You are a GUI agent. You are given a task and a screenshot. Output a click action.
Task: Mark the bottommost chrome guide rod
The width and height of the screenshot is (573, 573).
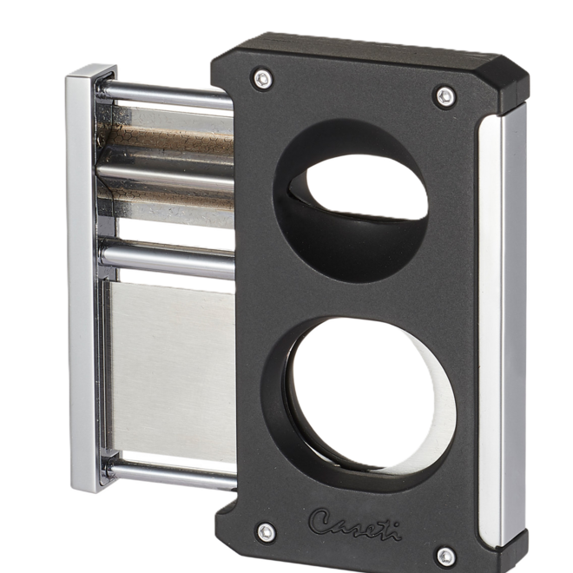click(174, 472)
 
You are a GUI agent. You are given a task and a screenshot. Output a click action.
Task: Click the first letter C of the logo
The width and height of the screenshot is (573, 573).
click(319, 520)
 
